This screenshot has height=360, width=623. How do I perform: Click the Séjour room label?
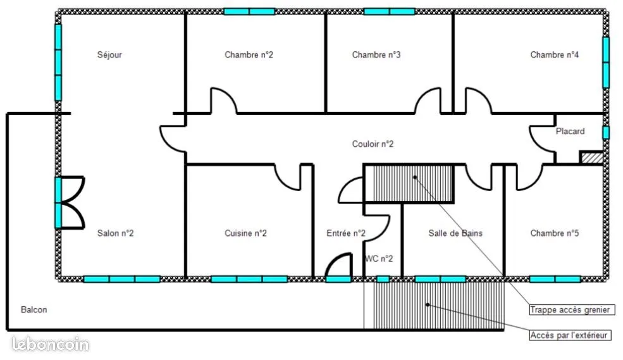[109, 55]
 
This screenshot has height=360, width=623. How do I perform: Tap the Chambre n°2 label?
[249, 55]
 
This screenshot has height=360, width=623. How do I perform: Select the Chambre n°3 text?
[376, 55]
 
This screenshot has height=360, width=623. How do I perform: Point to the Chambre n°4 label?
[554, 55]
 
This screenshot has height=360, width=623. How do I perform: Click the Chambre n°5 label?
[554, 233]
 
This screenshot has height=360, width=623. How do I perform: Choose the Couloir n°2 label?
[373, 144]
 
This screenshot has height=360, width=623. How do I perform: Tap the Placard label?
[570, 131]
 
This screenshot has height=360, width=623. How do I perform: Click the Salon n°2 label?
[115, 233]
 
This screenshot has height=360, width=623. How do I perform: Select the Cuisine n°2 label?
[245, 233]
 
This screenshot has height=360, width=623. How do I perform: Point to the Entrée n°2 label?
[346, 233]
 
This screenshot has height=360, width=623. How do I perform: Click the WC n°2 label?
[379, 259]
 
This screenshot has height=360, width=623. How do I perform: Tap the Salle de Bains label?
[455, 233]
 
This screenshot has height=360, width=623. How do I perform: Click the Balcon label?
[34, 309]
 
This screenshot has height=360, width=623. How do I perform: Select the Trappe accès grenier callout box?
[572, 309]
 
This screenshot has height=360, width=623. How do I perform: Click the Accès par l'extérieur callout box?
[570, 335]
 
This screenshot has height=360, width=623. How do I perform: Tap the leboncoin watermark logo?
[50, 344]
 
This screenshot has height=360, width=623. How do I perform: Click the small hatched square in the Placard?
[591, 158]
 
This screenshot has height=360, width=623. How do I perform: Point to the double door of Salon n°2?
[70, 202]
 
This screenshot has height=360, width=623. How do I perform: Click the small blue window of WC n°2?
[383, 280]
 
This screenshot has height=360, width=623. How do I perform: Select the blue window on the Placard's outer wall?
[606, 133]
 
